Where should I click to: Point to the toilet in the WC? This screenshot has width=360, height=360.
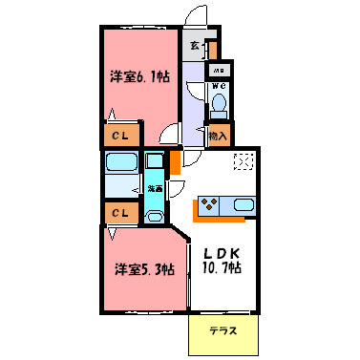tap(219, 103)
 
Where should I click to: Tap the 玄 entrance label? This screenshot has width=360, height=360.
tap(195, 45)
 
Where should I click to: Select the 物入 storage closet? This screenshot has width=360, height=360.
tap(219, 136)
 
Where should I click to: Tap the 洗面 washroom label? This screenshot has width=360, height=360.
tap(154, 189)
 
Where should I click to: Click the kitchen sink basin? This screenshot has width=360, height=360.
tap(242, 204)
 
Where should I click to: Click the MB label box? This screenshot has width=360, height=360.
tap(218, 70)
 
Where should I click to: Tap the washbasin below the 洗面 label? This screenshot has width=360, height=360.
tap(154, 213)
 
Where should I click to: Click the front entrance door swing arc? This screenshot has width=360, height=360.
tap(197, 17)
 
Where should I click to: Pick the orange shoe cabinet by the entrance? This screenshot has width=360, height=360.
tap(212, 49)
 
